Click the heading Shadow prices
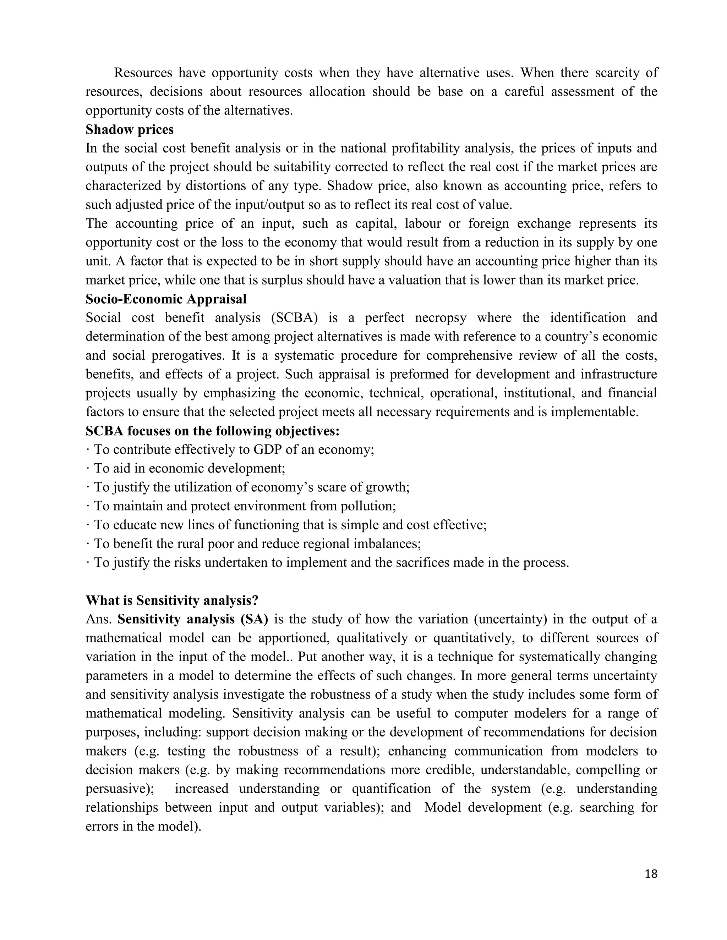point(129,129)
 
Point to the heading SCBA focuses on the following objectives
point(213,431)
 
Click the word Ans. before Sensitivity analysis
point(99,619)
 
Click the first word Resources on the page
point(143,73)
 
